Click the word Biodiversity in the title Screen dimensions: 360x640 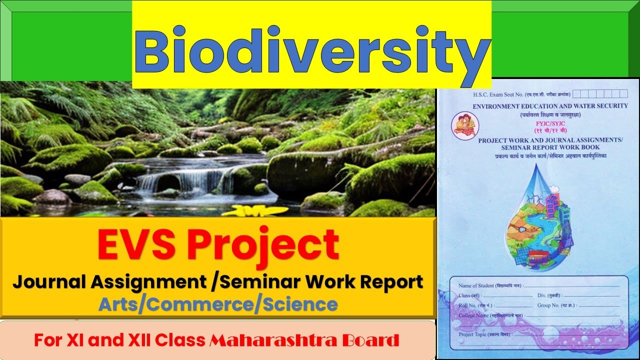311,51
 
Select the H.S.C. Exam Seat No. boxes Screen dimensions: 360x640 600,93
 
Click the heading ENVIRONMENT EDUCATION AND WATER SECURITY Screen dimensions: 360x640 550,105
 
